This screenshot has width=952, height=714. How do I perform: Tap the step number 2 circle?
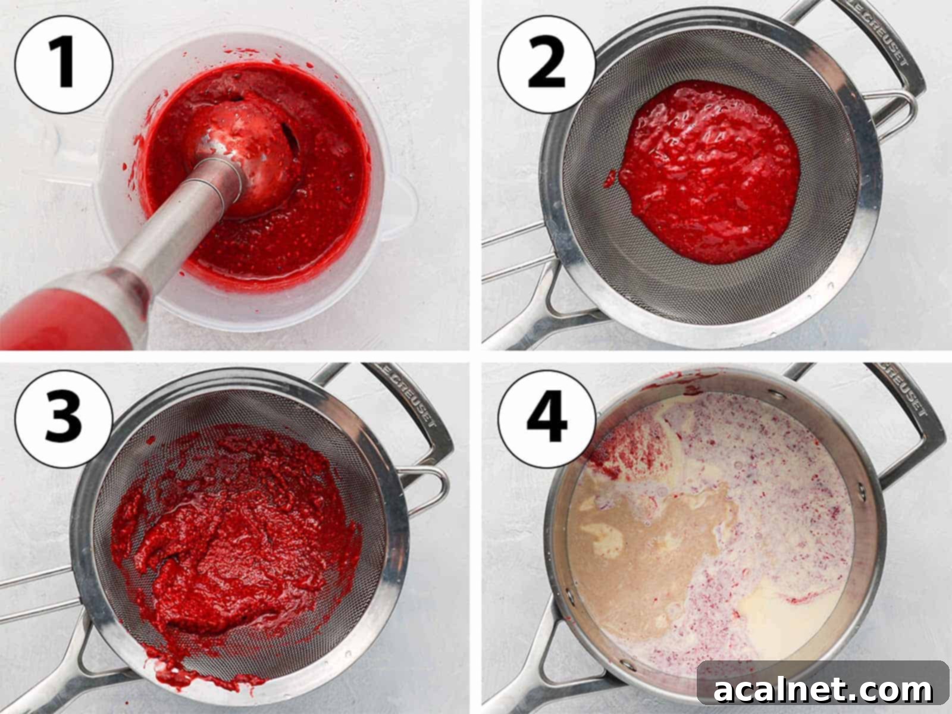(x=546, y=64)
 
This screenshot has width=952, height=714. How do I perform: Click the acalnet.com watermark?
(x=823, y=690)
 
